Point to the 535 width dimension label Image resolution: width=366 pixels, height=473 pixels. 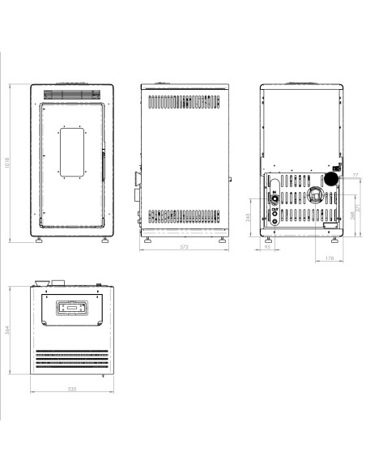(71, 390)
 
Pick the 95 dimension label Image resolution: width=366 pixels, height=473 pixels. (268, 247)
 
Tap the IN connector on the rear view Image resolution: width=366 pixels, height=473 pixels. (274, 198)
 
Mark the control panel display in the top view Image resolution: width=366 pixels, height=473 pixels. (71, 308)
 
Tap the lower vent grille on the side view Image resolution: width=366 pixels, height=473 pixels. (185, 216)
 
